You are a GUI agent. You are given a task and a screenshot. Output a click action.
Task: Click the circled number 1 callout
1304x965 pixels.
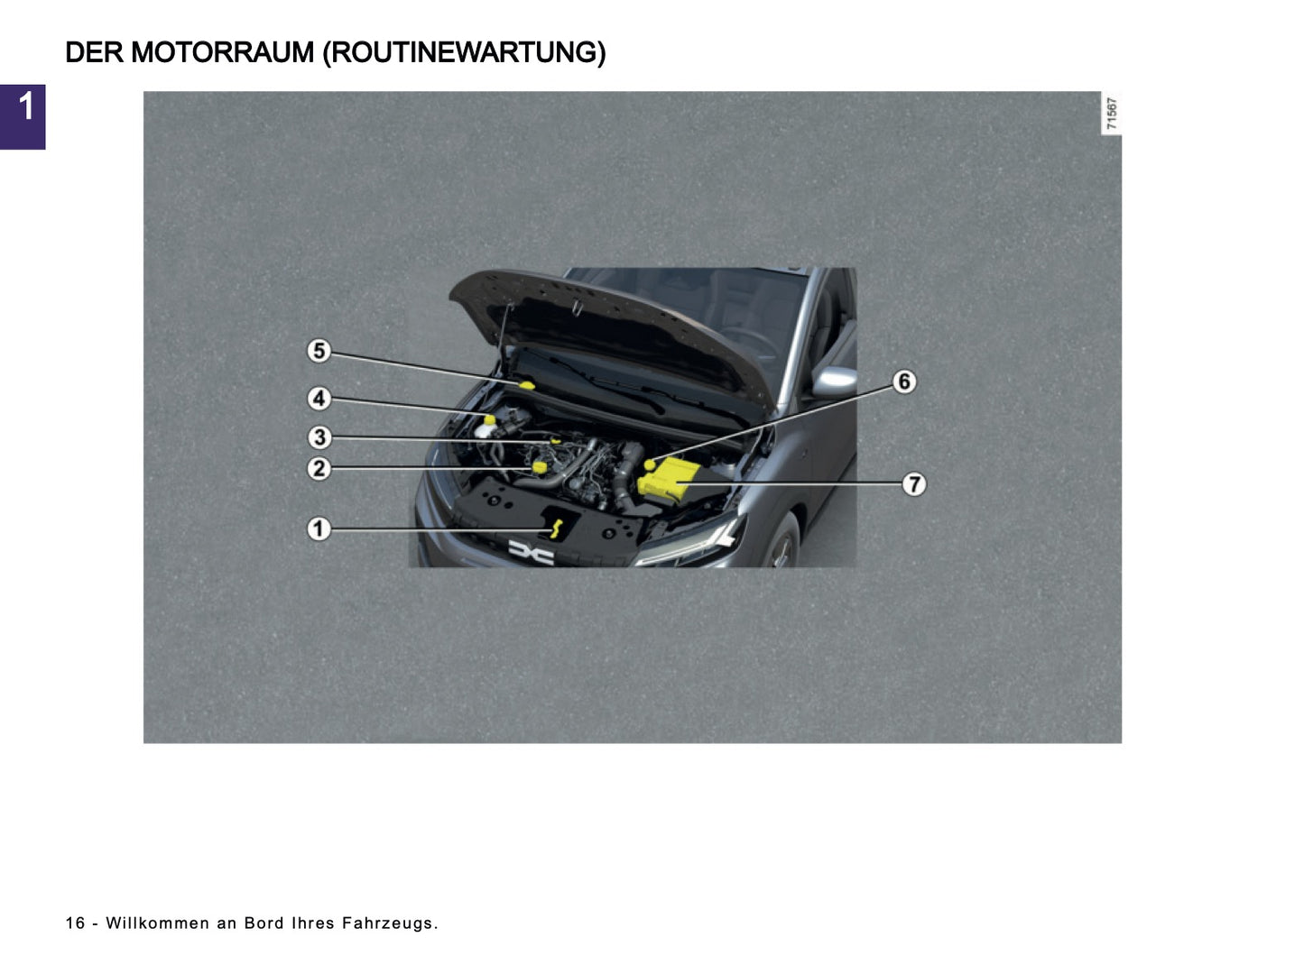tap(319, 528)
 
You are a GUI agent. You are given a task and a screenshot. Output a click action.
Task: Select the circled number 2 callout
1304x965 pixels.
tap(319, 468)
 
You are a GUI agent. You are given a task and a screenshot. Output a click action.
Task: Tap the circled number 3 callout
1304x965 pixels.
tap(319, 437)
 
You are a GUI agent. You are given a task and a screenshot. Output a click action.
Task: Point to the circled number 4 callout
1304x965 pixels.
tap(319, 399)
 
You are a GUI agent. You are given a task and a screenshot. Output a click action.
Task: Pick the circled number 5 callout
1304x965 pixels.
tap(319, 351)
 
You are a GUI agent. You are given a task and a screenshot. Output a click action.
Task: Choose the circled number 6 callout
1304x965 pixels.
tap(904, 381)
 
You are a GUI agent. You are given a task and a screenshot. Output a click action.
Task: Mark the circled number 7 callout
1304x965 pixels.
tap(914, 484)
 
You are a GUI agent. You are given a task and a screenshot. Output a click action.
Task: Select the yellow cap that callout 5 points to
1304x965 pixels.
tap(526, 385)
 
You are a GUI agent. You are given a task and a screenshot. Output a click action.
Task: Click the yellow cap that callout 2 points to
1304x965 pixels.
tap(541, 466)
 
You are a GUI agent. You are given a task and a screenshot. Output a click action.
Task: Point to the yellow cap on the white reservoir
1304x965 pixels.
tap(489, 419)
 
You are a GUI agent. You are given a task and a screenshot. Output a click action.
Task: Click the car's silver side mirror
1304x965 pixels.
tap(833, 382)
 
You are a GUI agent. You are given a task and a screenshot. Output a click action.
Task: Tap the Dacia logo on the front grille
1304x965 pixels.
tap(531, 552)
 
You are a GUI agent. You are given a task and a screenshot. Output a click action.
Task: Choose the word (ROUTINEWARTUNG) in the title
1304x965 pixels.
tap(464, 53)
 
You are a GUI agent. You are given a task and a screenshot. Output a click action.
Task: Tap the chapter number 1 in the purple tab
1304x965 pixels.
tap(25, 107)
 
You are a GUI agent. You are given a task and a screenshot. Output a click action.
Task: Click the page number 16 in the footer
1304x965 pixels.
tap(75, 923)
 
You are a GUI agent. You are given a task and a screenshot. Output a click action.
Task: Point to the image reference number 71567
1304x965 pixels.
tap(1112, 113)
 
